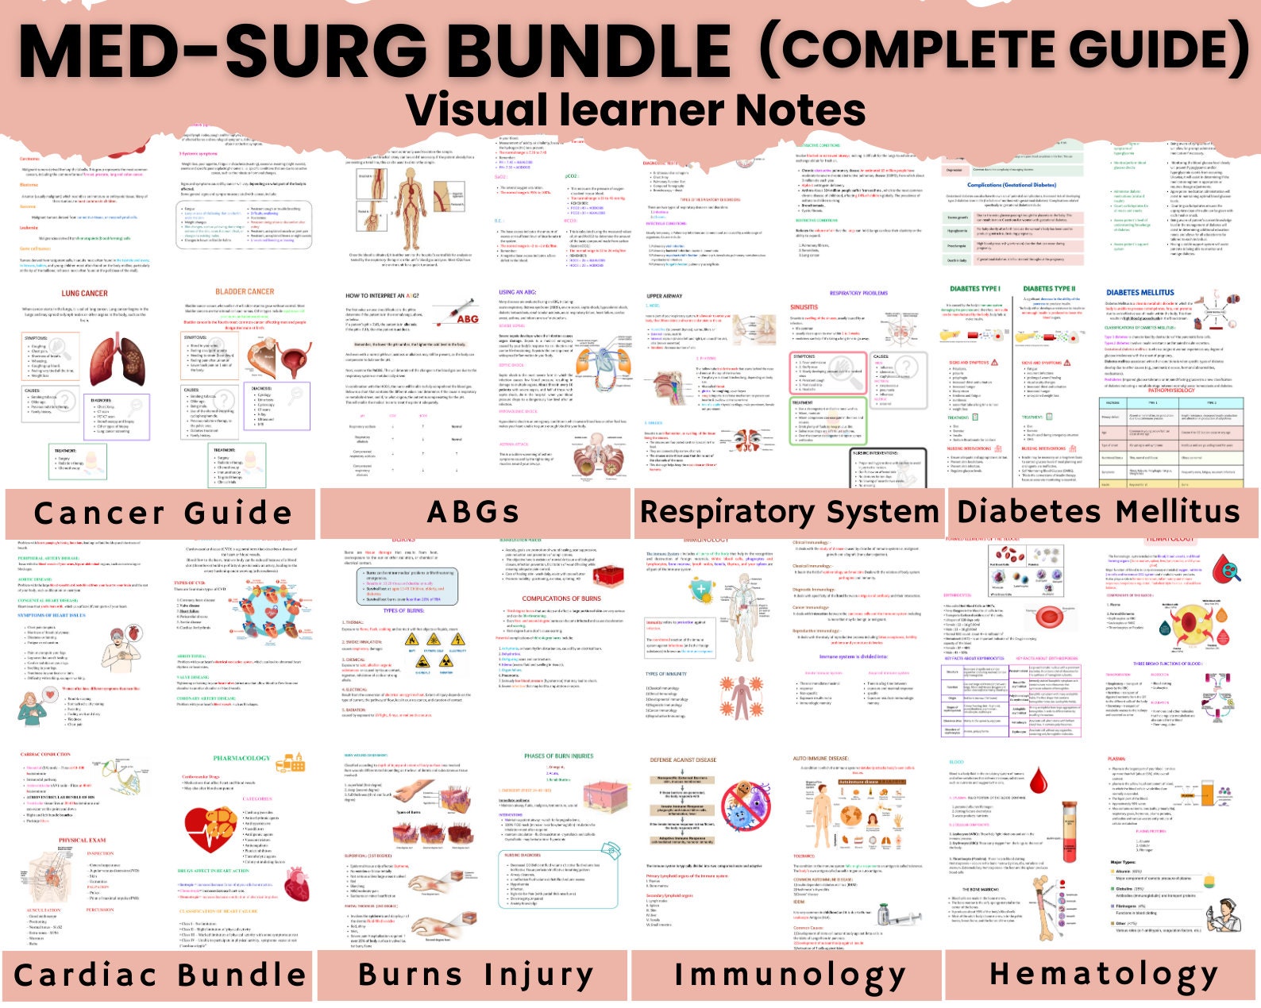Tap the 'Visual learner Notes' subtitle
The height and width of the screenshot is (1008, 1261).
[635, 110]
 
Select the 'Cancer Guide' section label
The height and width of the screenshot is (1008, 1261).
[163, 513]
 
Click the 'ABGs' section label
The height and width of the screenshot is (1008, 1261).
[473, 512]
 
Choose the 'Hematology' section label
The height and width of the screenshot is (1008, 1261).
[1103, 973]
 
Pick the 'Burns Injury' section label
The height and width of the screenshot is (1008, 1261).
[475, 974]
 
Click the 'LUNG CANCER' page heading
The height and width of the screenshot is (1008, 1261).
[84, 293]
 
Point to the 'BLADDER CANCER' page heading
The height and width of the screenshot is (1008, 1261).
[245, 291]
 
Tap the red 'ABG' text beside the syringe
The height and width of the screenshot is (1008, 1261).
[468, 319]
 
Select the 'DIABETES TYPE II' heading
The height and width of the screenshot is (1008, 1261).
[1049, 289]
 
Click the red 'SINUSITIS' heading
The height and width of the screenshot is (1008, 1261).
[804, 307]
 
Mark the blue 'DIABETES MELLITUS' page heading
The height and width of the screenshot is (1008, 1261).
[1140, 292]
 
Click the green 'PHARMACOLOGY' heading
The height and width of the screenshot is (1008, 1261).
[241, 759]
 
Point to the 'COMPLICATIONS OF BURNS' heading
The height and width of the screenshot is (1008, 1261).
[561, 598]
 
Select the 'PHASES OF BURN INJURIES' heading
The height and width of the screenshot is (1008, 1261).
[558, 756]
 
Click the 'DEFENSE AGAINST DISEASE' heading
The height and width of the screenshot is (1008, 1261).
[683, 760]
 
